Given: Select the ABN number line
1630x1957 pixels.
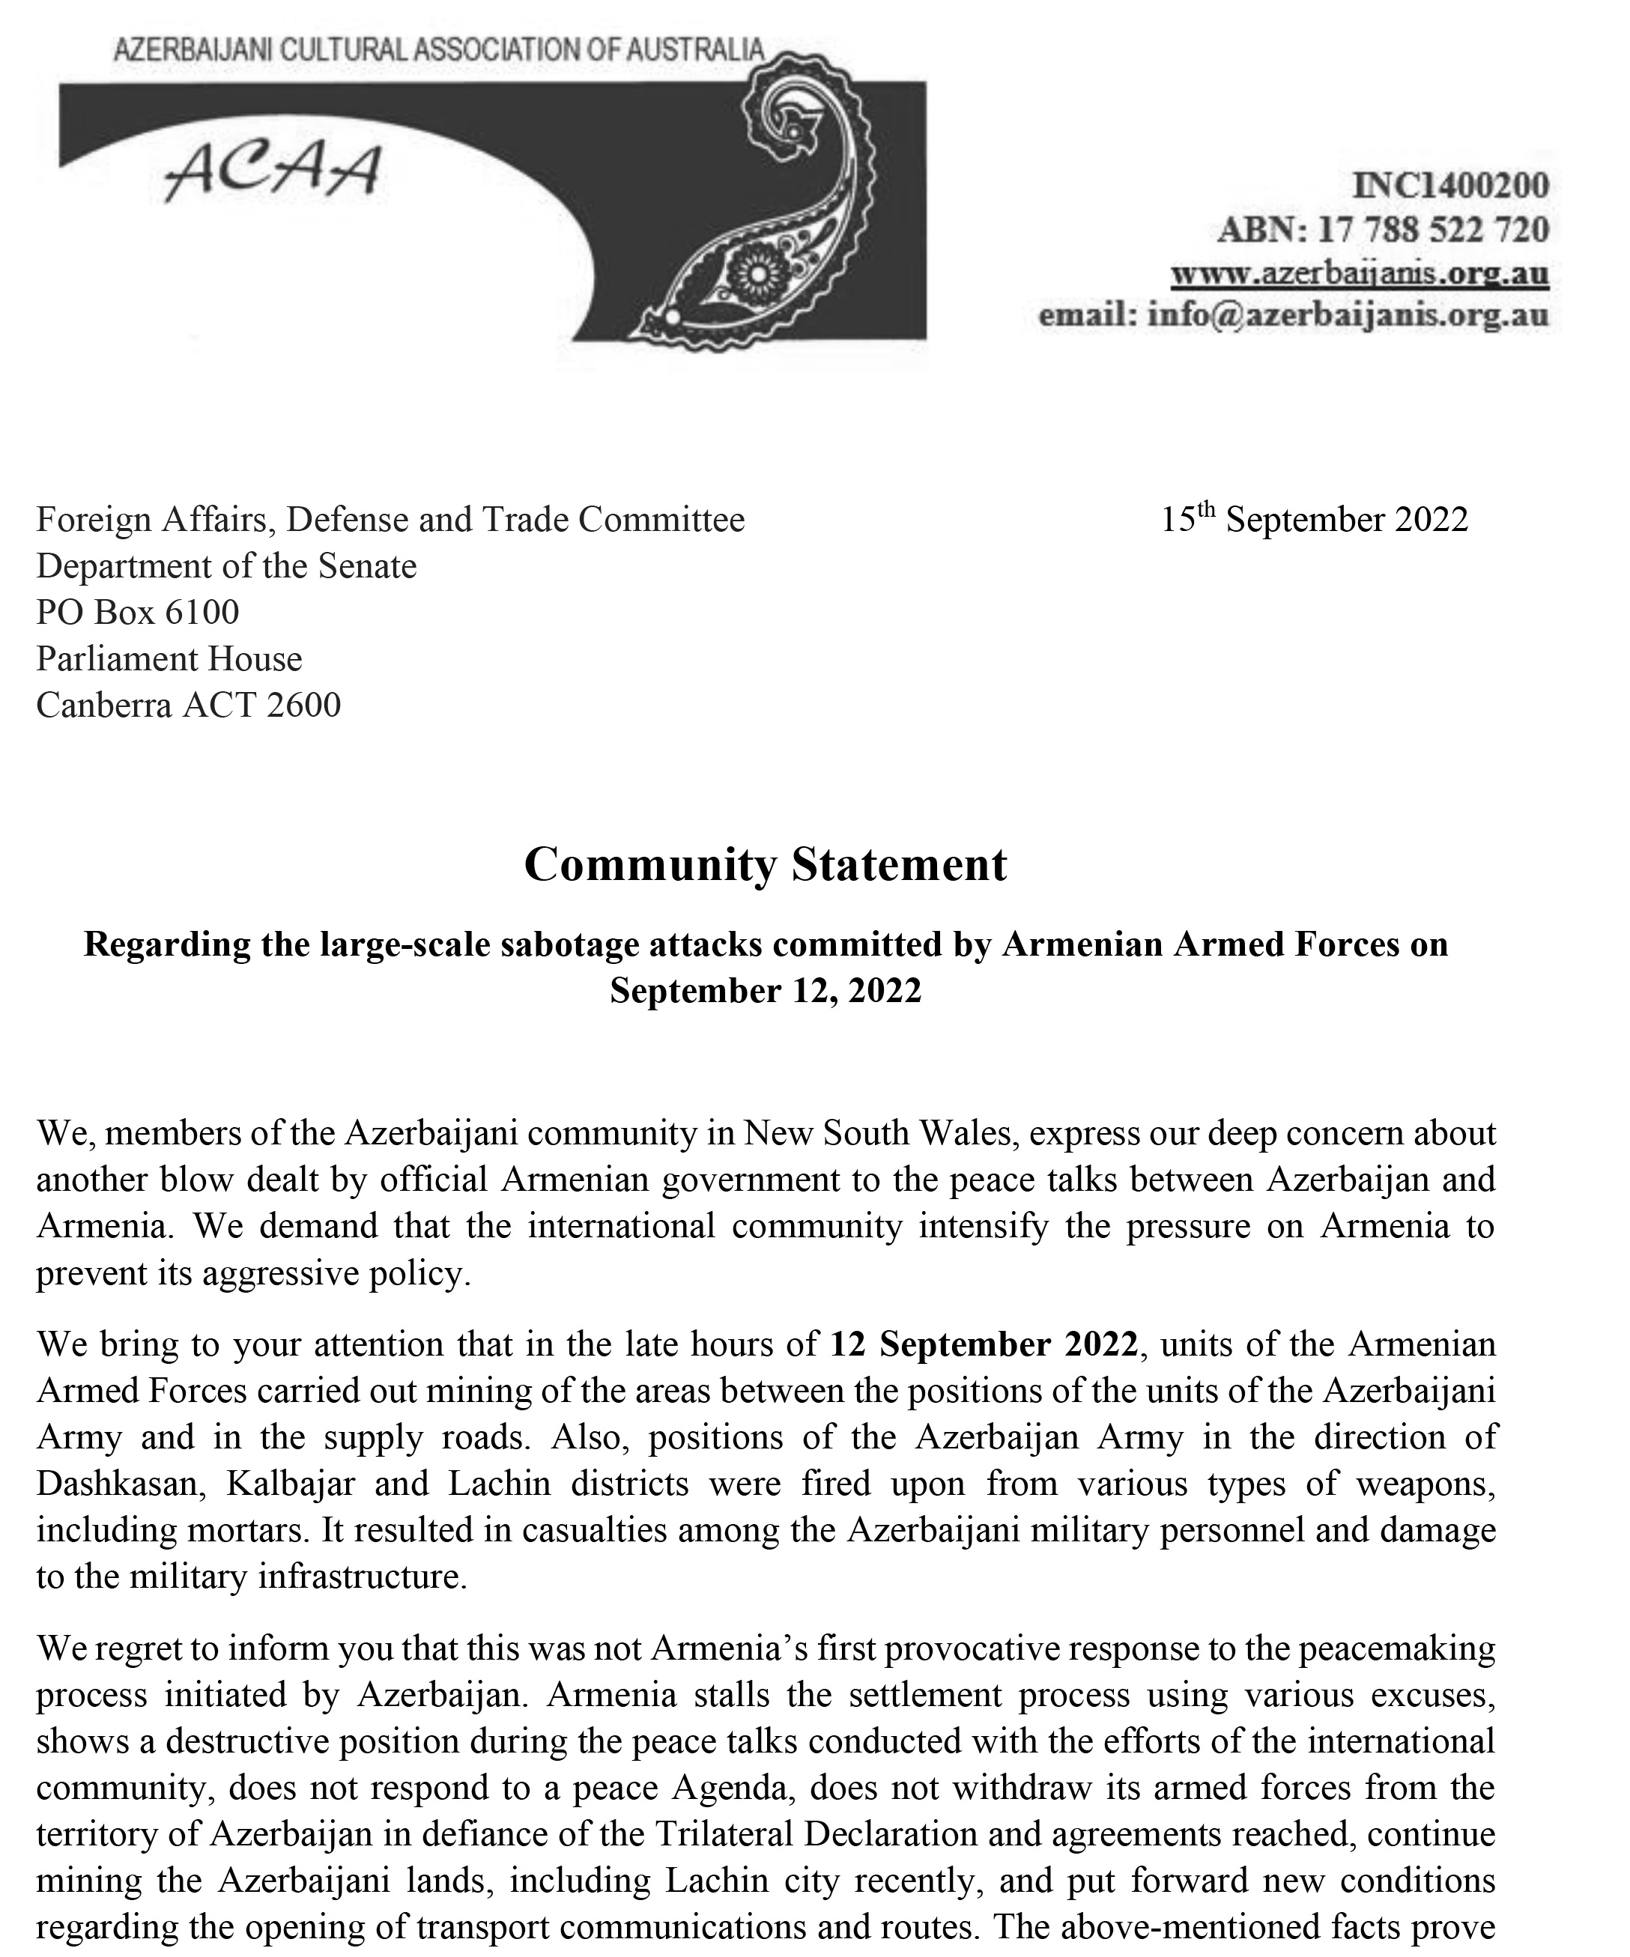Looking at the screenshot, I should (x=1383, y=229).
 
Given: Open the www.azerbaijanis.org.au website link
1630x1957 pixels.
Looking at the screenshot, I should (x=1360, y=273).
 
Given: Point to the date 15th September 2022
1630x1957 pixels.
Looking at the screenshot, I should (x=1313, y=519).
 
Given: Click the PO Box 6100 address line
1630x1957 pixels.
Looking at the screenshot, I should (x=138, y=612).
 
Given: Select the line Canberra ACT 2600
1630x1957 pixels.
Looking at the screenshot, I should (x=188, y=705).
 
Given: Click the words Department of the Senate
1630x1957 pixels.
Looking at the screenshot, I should (x=226, y=565).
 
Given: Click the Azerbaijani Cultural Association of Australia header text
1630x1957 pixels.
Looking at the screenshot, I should (x=438, y=50).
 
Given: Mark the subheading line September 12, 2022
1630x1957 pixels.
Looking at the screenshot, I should (x=765, y=989).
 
